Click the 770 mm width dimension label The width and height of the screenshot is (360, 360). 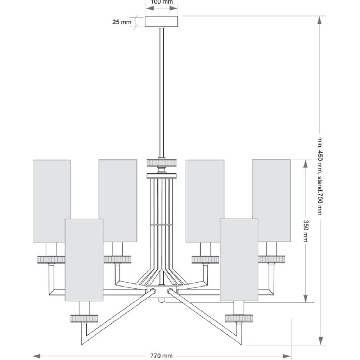161,356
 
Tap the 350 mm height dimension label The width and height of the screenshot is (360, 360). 306,231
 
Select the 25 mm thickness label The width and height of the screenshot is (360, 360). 122,22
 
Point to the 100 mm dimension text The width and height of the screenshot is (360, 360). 162,2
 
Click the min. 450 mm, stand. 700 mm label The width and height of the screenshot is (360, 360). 320,176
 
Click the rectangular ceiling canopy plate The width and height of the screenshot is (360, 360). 161,21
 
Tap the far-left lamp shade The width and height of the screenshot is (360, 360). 51,201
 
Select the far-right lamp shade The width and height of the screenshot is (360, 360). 271,201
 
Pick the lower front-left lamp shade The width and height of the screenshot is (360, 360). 84,260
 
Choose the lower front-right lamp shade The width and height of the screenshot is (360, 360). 239,260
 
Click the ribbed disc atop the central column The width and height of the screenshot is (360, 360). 162,162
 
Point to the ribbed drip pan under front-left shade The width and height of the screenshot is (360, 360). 84,318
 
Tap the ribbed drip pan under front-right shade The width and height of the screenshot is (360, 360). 239,318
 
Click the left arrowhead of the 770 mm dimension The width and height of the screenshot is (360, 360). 37,356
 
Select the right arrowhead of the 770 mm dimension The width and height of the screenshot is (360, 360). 287,356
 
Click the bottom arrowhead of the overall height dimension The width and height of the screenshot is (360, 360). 320,341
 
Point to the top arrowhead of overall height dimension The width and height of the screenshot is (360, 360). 319,20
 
